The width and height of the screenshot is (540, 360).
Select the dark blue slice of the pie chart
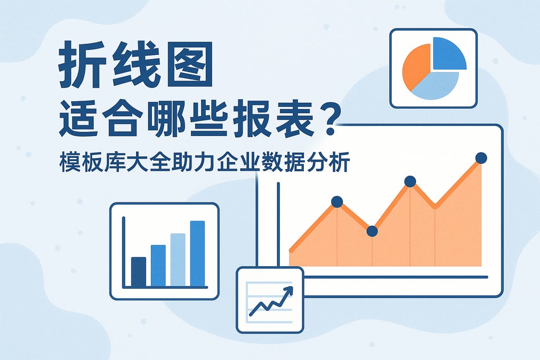pyautogui.click(x=448, y=55)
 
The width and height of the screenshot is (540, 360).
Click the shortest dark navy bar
pyautogui.click(x=138, y=272)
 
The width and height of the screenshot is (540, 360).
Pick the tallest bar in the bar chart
pyautogui.click(x=198, y=254)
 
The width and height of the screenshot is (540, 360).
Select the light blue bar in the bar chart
pyautogui.click(x=178, y=260)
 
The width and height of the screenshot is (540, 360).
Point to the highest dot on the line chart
pyautogui.click(x=481, y=158)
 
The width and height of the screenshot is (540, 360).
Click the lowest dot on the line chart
pyautogui.click(x=372, y=231)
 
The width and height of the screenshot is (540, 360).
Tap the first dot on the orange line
pyautogui.click(x=337, y=201)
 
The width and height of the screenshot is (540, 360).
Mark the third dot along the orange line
pyautogui.click(x=410, y=182)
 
